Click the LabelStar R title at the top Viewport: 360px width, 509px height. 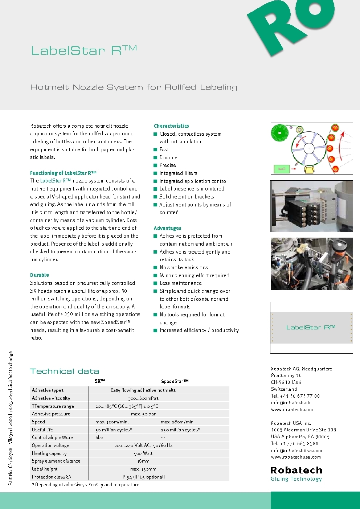click(84, 50)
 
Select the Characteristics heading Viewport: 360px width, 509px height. click(171, 126)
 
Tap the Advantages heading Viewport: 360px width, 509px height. click(167, 228)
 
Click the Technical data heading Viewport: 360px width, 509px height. click(65, 371)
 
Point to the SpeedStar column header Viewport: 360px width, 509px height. click(175, 381)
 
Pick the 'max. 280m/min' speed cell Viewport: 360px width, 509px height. click(177, 422)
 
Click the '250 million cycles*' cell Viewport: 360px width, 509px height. click(180, 430)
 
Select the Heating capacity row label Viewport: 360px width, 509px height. click(49, 453)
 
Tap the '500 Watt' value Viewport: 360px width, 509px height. click(143, 453)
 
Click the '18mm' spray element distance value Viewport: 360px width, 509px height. click(143, 461)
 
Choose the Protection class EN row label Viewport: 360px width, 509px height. click(52, 477)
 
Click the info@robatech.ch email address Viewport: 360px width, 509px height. click(290, 402)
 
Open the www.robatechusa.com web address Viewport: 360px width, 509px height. click(296, 457)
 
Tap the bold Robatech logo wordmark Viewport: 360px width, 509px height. click(296, 470)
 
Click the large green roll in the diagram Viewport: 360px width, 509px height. click(279, 133)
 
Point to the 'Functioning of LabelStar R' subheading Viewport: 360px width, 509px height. click(63, 173)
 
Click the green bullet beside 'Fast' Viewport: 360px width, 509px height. click(155, 149)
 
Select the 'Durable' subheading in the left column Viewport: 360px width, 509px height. click(40, 275)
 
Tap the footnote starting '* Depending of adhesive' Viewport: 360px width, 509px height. click(85, 485)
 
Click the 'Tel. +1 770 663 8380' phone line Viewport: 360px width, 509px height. click(294, 443)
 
